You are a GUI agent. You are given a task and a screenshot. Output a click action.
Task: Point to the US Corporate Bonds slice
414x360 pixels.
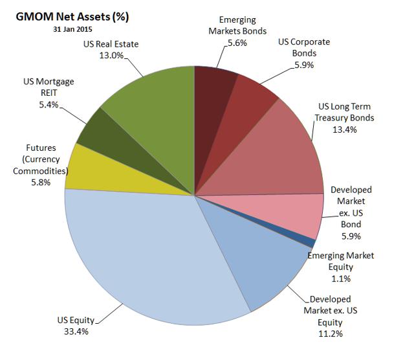(249, 107)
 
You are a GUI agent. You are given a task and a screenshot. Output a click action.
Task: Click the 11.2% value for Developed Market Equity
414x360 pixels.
(330, 333)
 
